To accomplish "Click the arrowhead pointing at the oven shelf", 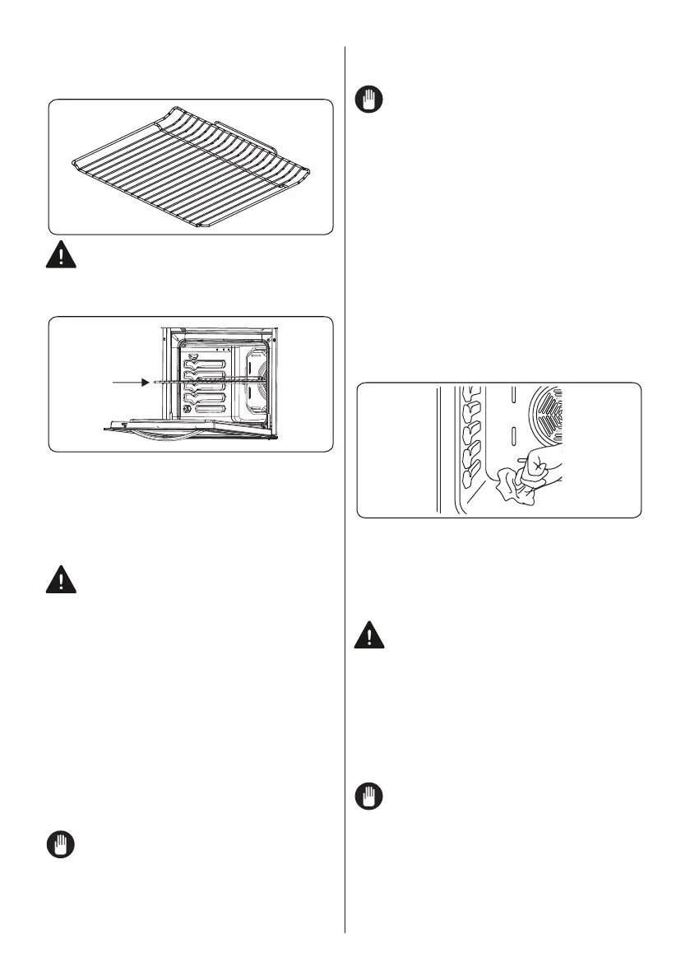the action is tap(146, 381).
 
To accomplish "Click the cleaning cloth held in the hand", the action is tap(516, 490).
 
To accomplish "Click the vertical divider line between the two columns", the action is tap(345, 494).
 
